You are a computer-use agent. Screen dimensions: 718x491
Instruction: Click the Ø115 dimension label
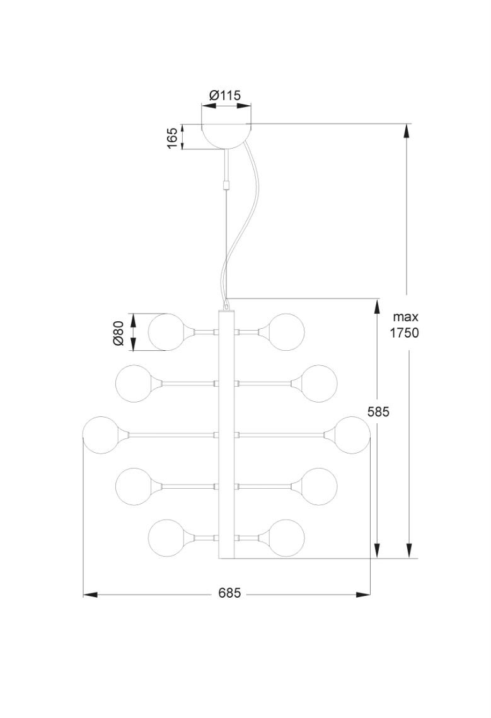[x=225, y=96]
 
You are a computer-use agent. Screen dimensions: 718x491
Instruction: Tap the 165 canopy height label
[x=172, y=137]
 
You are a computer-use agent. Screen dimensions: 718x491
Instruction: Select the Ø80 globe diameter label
[x=117, y=332]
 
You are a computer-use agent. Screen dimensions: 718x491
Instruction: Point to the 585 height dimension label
[x=379, y=412]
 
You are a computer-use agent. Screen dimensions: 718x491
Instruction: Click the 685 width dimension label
[x=229, y=593]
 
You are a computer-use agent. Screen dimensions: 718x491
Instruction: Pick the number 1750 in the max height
[x=404, y=333]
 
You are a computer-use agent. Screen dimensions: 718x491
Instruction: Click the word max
[x=405, y=317]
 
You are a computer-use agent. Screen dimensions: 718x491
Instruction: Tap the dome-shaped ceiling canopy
[x=226, y=135]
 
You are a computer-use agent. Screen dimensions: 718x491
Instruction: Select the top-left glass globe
[x=165, y=331]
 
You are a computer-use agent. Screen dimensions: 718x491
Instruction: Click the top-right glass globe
[x=287, y=331]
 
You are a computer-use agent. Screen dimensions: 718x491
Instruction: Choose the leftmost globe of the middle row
[x=101, y=434]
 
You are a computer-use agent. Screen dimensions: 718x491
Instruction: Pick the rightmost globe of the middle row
[x=352, y=434]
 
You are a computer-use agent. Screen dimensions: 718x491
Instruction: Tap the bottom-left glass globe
[x=165, y=537]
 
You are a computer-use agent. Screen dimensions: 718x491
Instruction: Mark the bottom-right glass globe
[x=287, y=537]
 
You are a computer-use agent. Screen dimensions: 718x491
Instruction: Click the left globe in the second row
[x=133, y=382]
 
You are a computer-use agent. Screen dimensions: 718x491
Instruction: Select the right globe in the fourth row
[x=319, y=486]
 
